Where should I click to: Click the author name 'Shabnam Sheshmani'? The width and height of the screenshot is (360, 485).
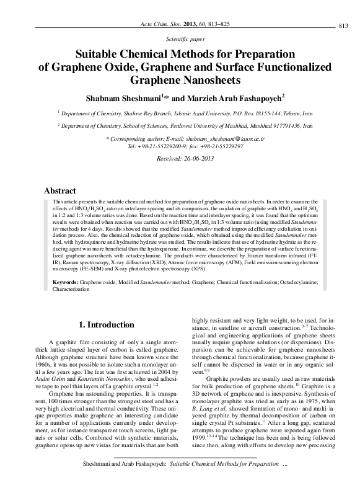[x=124, y=97]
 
